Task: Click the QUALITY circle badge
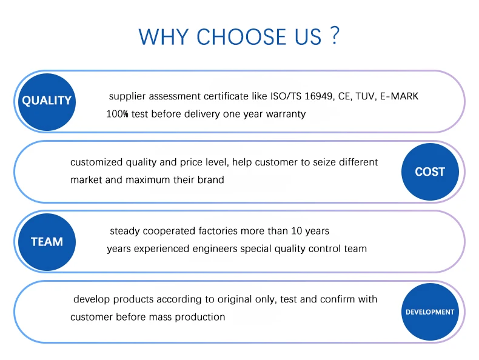pos(47,102)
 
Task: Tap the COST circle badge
pos(430,172)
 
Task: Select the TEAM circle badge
pos(47,242)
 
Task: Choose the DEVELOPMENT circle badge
pos(430,312)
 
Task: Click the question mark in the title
pos(335,36)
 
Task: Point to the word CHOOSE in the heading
pos(243,37)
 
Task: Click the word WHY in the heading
pos(164,37)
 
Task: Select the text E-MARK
pos(399,96)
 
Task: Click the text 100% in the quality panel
pos(117,114)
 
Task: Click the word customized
pos(96,162)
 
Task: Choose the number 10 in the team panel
pos(296,231)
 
